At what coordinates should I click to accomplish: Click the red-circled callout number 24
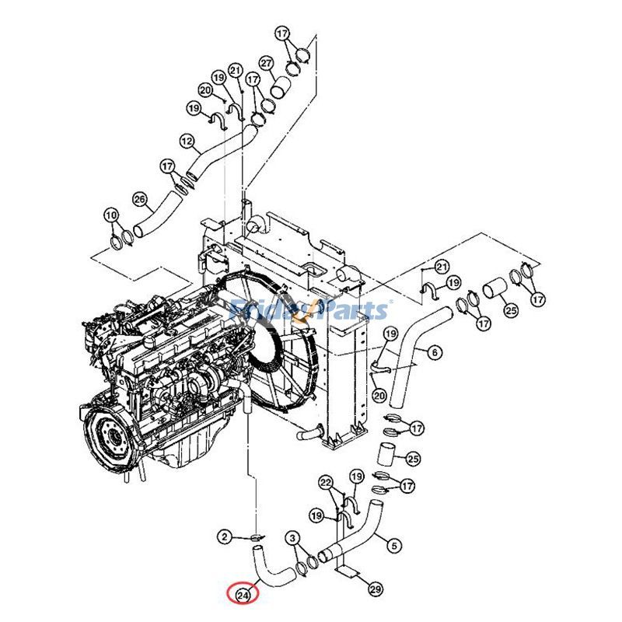click(x=243, y=595)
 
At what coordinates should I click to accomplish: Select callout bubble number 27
click(x=266, y=63)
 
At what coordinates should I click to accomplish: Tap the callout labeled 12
click(x=187, y=142)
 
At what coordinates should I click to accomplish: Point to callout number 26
click(x=139, y=199)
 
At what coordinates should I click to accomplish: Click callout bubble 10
click(x=111, y=215)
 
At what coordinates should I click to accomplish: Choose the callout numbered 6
click(x=434, y=353)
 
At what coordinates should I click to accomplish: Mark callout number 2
click(x=223, y=536)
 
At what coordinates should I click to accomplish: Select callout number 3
click(x=292, y=538)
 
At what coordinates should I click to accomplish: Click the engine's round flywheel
click(x=110, y=435)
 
